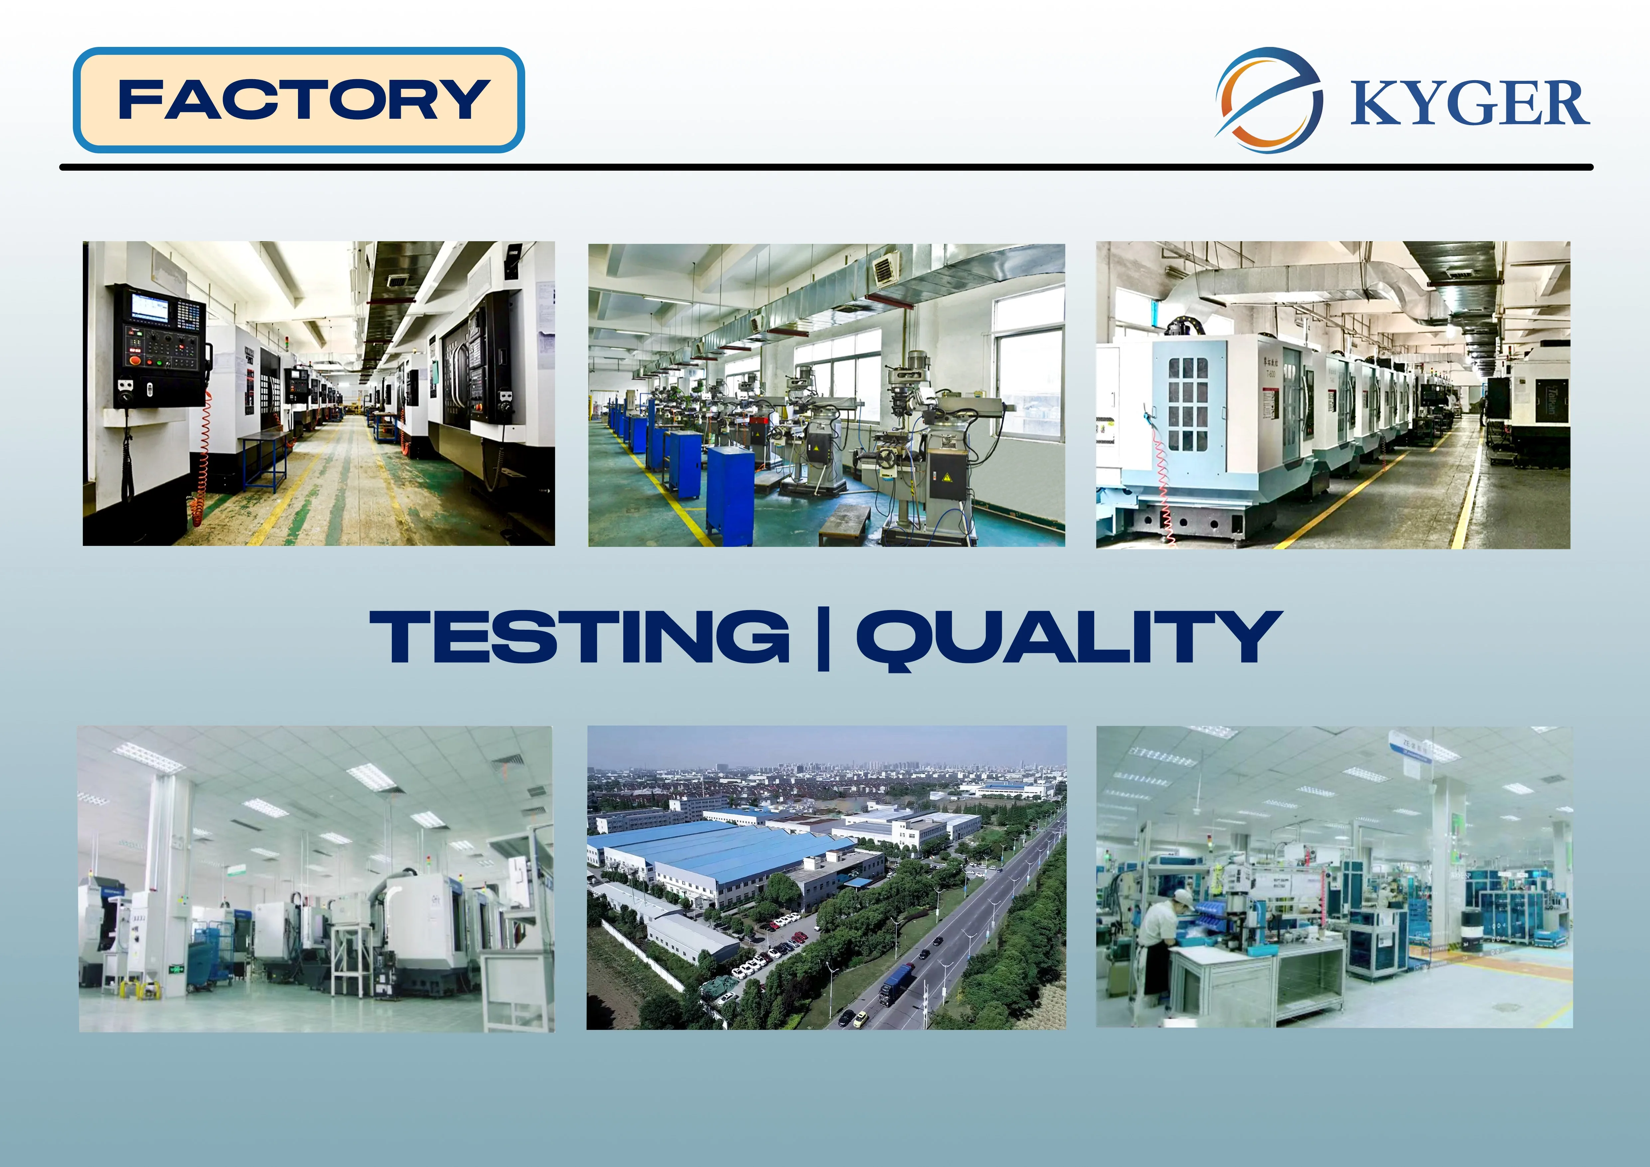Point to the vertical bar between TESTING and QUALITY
(x=824, y=638)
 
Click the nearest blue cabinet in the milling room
(x=730, y=494)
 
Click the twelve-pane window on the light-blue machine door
(x=1188, y=404)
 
